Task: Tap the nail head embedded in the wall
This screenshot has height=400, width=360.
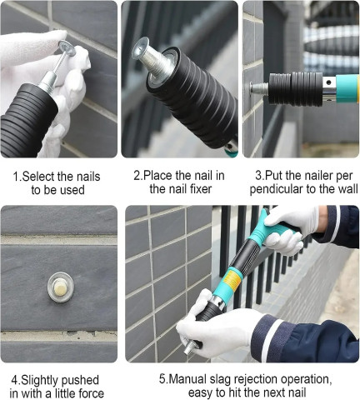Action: (x=58, y=282)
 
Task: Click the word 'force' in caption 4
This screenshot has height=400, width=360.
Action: (x=91, y=392)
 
